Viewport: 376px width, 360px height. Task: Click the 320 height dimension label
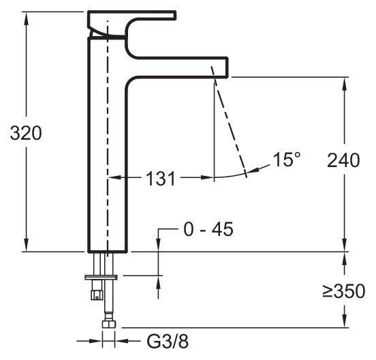click(26, 133)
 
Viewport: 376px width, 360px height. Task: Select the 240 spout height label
click(343, 160)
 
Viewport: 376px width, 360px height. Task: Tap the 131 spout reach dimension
click(161, 179)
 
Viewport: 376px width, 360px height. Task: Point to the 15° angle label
click(287, 160)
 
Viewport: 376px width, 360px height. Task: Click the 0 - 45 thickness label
click(208, 229)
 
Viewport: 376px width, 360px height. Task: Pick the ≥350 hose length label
click(344, 291)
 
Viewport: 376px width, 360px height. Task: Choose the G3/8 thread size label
click(168, 342)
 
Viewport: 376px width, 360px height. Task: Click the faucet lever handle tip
click(175, 15)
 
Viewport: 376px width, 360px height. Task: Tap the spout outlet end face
click(227, 67)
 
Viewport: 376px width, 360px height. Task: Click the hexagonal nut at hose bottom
click(109, 324)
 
